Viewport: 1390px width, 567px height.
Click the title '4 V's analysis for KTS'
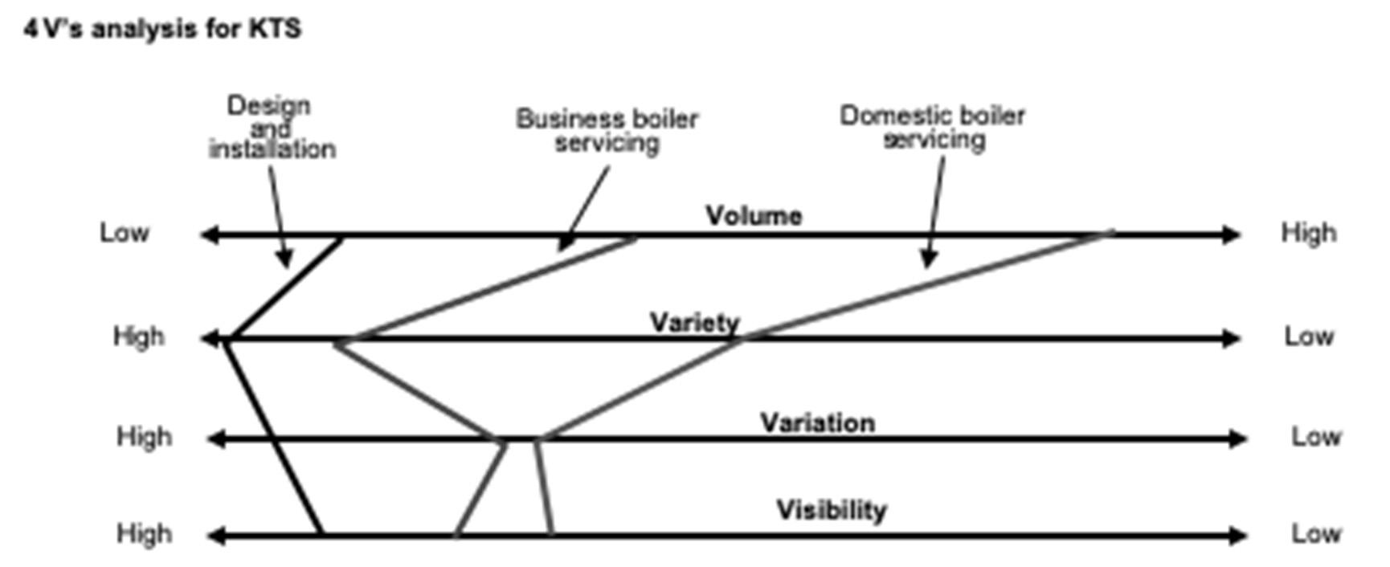tap(162, 29)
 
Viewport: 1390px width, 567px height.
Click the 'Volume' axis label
tap(753, 215)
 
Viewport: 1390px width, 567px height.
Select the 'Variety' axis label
tap(694, 322)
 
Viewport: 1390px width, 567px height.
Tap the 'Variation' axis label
tap(817, 422)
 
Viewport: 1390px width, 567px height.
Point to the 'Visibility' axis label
tap(831, 509)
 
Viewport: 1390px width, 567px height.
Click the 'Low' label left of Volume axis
tap(125, 232)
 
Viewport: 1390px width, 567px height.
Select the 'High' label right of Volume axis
tap(1308, 232)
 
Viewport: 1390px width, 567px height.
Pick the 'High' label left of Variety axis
tap(138, 336)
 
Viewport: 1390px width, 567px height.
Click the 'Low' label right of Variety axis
tap(1308, 336)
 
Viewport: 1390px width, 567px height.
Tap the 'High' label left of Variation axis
tap(144, 437)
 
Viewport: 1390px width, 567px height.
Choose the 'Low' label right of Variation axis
tap(1315, 437)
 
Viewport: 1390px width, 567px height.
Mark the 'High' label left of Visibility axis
tap(144, 533)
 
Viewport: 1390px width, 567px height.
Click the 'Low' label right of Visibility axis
tap(1315, 533)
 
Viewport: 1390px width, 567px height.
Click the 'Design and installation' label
tap(271, 127)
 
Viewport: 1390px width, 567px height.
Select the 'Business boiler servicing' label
tap(607, 130)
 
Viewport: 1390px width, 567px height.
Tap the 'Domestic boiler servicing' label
tap(932, 127)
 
